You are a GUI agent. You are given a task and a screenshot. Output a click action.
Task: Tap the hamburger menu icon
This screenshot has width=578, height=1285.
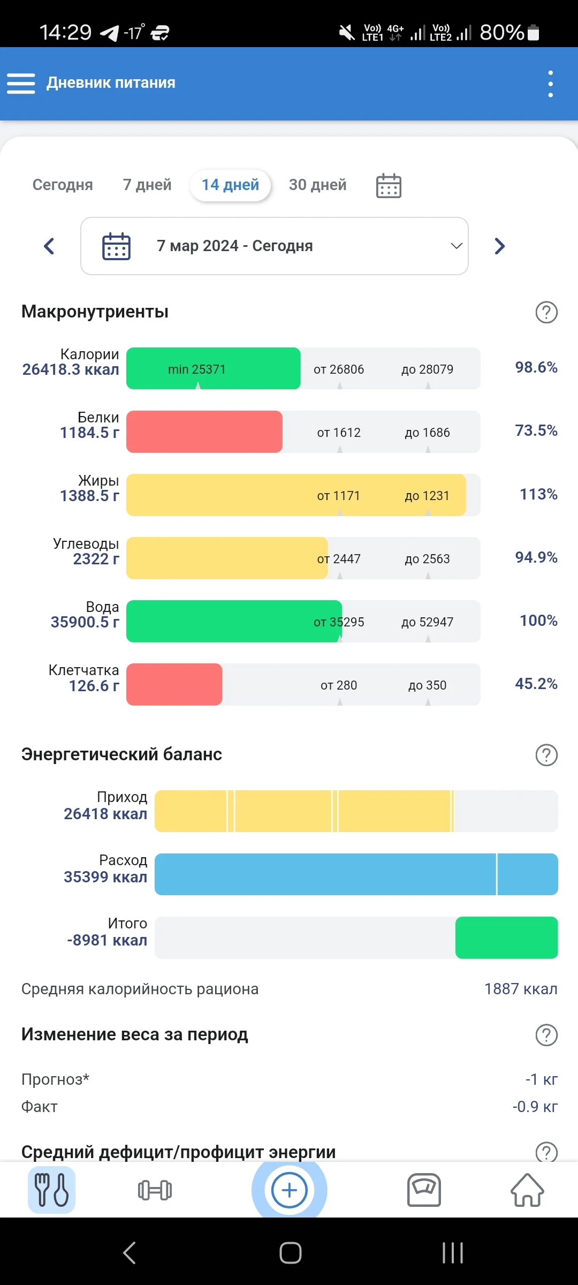21,84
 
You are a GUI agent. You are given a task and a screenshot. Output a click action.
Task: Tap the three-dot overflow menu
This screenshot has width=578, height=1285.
550,84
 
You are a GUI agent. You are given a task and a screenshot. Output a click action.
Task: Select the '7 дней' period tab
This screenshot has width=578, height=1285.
147,185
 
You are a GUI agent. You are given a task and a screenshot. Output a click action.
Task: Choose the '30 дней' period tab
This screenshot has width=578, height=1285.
317,185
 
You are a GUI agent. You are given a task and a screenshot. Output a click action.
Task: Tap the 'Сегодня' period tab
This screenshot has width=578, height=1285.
63,185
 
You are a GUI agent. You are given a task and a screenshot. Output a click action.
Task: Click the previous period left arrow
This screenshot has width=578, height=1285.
49,246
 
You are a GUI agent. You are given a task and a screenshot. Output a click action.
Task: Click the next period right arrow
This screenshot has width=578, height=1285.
499,246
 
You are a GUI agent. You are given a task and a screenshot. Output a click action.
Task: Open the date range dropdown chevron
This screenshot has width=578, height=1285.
456,246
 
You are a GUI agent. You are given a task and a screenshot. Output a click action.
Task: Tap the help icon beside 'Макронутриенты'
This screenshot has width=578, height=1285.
546,312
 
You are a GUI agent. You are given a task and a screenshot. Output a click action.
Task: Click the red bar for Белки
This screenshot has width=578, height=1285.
204,432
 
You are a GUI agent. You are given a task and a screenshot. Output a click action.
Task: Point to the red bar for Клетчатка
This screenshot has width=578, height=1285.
174,684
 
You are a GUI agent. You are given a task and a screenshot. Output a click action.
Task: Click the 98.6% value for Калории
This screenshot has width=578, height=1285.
536,367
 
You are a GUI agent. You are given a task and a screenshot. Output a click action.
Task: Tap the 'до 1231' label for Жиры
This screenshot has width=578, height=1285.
427,496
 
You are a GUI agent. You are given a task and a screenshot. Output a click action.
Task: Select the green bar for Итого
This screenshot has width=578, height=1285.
506,938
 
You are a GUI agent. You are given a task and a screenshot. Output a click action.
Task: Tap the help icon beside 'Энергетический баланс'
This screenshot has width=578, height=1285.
546,755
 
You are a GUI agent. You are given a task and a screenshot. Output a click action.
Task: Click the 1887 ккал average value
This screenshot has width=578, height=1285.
520,989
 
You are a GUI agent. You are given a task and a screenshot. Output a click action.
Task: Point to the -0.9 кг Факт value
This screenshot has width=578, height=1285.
535,1107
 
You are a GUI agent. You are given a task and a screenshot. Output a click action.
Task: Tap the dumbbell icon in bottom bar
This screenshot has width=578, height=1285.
155,1190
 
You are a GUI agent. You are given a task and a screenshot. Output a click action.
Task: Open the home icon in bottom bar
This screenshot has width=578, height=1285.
527,1190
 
